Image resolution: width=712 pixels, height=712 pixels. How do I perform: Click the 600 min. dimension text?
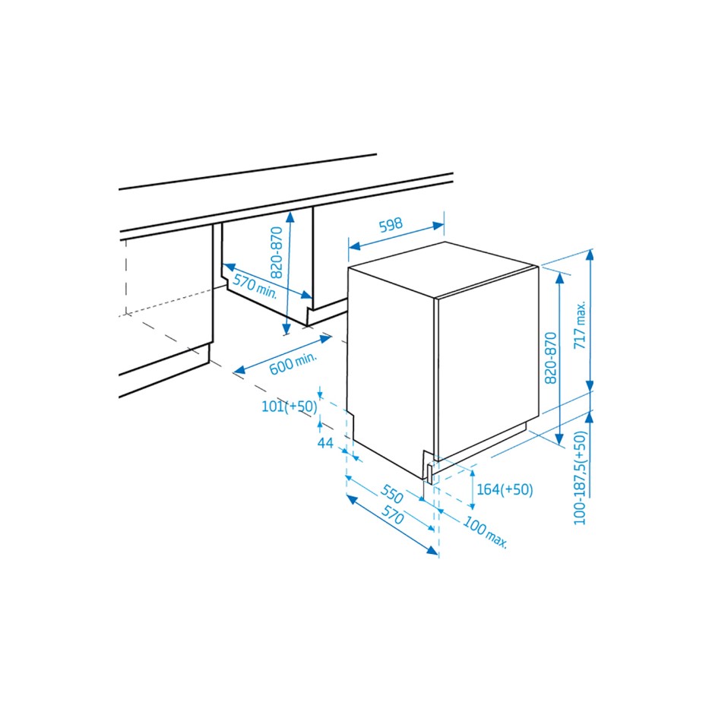(x=293, y=364)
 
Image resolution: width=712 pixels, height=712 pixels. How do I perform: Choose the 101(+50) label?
(x=289, y=407)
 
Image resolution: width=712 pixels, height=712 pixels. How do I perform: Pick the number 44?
(x=326, y=442)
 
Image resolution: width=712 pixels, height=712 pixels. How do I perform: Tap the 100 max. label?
(x=484, y=533)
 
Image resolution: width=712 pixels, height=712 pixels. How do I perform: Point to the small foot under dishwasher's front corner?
(x=431, y=473)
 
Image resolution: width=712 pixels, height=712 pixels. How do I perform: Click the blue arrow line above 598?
(x=396, y=236)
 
